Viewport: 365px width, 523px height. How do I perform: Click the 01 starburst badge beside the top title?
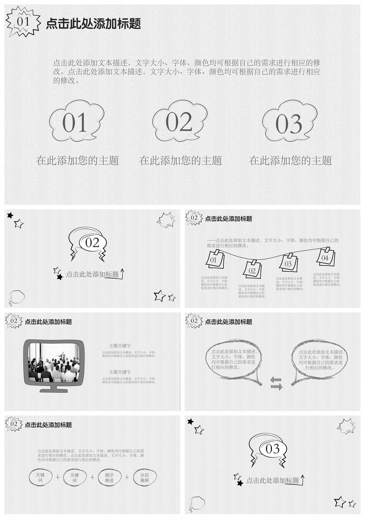click(23, 22)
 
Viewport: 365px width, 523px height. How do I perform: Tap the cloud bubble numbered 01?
click(76, 122)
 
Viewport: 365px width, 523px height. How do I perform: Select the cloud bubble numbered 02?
click(179, 121)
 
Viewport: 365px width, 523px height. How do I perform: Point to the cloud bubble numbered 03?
click(289, 122)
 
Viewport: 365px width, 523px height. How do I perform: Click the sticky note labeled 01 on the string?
click(215, 260)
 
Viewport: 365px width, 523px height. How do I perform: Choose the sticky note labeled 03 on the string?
click(288, 263)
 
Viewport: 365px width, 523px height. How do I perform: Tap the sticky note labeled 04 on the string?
click(325, 257)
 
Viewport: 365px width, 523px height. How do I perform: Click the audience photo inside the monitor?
click(54, 362)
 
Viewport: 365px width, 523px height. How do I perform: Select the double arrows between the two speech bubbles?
click(276, 383)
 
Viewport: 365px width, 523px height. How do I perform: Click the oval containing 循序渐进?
click(109, 478)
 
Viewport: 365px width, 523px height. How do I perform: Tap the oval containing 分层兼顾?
click(145, 478)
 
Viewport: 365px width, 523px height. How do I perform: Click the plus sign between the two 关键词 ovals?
click(57, 477)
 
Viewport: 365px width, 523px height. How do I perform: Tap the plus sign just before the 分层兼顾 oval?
click(127, 477)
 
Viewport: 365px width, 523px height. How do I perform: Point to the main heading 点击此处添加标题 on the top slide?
click(93, 24)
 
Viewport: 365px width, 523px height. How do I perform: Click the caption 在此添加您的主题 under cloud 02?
click(180, 161)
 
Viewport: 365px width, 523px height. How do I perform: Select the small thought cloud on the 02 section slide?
click(17, 297)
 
